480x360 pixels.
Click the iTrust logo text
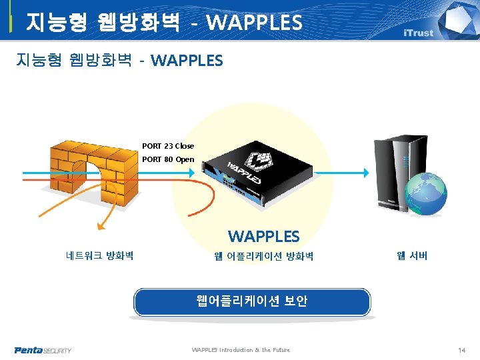[x=418, y=33]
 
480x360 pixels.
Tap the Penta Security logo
[x=43, y=350]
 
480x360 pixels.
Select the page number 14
[x=461, y=350]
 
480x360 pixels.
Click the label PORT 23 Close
[x=168, y=146]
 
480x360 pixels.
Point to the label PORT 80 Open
[x=168, y=160]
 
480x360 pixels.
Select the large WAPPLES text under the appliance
[x=263, y=237]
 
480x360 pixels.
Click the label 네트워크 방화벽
[x=100, y=255]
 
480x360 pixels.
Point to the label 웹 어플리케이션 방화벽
[x=263, y=256]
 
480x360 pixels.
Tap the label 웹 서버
[x=412, y=255]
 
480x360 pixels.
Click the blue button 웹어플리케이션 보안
[x=252, y=301]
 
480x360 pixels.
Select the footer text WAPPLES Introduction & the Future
[x=241, y=350]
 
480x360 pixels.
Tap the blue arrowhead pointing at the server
[x=364, y=172]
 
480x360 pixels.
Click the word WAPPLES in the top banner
[x=254, y=23]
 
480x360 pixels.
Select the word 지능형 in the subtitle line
[x=39, y=61]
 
